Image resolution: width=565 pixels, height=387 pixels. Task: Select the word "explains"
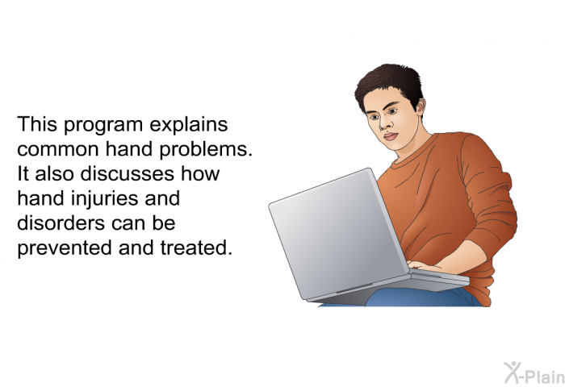[188, 126]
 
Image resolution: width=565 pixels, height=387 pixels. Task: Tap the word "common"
[57, 149]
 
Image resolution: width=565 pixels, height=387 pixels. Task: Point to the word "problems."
[205, 150]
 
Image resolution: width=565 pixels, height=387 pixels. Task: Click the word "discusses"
[128, 174]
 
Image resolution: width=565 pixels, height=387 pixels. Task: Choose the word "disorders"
[61, 223]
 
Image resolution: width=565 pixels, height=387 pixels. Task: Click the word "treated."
[196, 248]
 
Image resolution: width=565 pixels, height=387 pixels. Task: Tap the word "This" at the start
[37, 124]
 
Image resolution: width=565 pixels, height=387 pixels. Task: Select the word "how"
[200, 174]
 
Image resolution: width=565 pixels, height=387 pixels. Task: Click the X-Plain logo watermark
[534, 373]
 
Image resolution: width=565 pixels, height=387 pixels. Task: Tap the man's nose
[384, 123]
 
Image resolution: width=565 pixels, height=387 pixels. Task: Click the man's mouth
[391, 136]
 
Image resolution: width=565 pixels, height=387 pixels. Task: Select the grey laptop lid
[339, 233]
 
